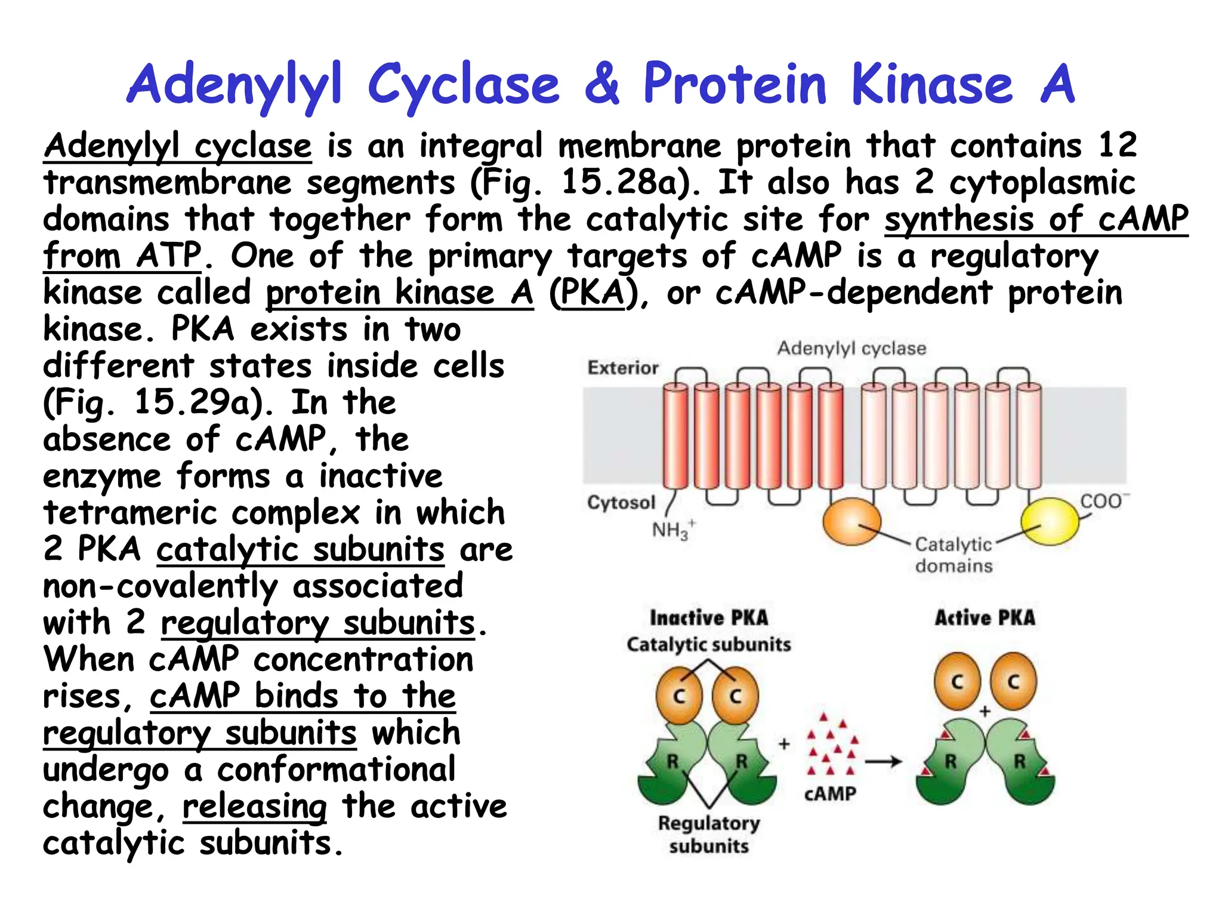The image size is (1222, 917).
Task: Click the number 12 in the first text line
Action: point(1117,145)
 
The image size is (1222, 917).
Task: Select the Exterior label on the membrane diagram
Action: point(623,368)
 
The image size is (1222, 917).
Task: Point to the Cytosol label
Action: point(621,503)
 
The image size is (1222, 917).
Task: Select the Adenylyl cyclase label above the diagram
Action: point(851,348)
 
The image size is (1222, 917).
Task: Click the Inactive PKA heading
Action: point(709,618)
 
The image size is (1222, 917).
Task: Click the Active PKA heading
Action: point(985,618)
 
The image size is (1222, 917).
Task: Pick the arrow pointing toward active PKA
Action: point(883,762)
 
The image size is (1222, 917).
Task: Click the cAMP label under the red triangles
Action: point(830,794)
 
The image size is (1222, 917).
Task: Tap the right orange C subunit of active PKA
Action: point(1013,682)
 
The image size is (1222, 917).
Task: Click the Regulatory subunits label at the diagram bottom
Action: point(709,834)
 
